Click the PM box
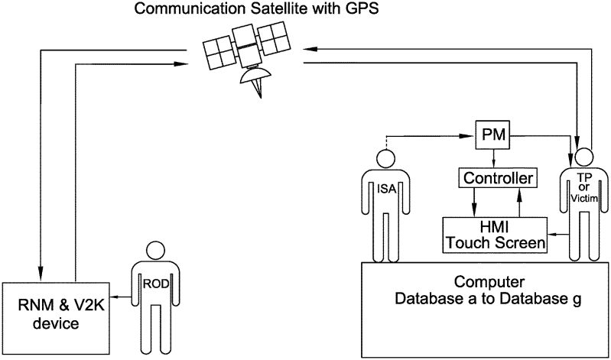(x=493, y=136)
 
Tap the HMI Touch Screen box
(x=495, y=235)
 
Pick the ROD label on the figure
(x=156, y=281)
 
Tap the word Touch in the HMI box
(x=472, y=244)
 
